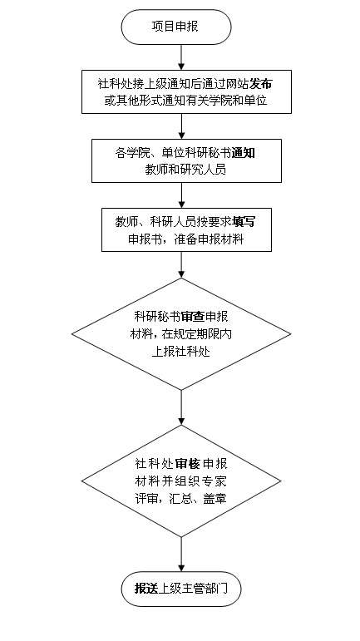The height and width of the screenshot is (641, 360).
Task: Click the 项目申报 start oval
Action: point(176,27)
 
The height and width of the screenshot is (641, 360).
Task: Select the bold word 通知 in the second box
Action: point(244,153)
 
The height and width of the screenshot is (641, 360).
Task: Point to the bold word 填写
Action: point(244,222)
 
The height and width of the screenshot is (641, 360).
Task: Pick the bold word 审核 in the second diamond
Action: point(189,464)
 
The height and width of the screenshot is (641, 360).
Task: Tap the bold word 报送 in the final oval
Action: point(146,589)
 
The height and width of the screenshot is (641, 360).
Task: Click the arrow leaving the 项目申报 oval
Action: point(182,57)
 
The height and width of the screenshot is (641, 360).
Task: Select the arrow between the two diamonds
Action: point(182,407)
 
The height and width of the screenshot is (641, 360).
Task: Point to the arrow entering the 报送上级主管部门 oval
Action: point(182,554)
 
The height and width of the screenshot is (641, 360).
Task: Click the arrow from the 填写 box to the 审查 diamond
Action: point(182,265)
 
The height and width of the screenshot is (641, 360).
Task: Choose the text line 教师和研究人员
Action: point(185,170)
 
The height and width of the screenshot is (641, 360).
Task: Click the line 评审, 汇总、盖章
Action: point(181,499)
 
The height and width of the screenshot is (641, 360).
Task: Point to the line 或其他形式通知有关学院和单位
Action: point(186,101)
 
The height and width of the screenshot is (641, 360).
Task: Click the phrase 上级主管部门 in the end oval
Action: point(192,589)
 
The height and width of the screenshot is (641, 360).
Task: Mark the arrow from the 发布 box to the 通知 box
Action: point(182,126)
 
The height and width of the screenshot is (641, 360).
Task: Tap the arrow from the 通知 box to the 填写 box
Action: point(182,195)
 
